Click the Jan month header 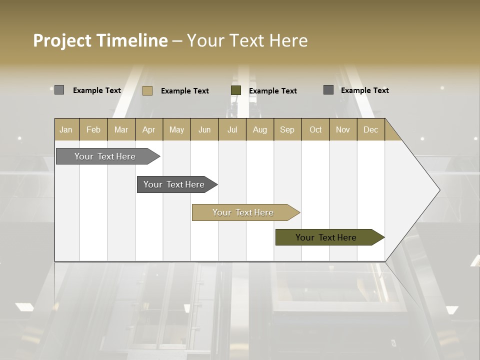[x=66, y=129]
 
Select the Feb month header [x=93, y=129]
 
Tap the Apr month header [x=148, y=129]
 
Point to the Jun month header [x=204, y=129]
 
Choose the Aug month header [x=259, y=129]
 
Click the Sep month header [x=287, y=129]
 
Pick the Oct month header [x=315, y=129]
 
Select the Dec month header [x=370, y=129]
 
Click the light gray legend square [x=59, y=90]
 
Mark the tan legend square [x=147, y=90]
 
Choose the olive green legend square [x=236, y=90]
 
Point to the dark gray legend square [x=328, y=90]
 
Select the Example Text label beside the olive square [x=272, y=91]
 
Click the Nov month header [x=343, y=129]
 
